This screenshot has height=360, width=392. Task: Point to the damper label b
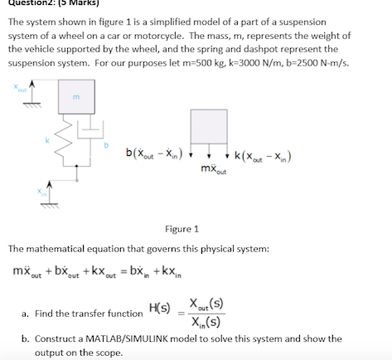point(105,143)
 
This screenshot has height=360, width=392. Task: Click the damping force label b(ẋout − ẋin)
point(157,153)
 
